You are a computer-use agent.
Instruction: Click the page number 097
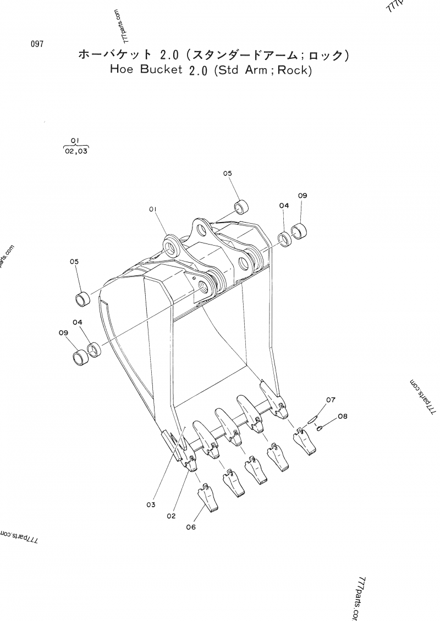(x=37, y=44)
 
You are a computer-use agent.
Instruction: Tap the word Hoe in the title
(x=122, y=70)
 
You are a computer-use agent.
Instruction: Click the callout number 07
(x=330, y=400)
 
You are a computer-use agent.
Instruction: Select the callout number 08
(x=343, y=417)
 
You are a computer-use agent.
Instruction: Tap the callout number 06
(x=191, y=527)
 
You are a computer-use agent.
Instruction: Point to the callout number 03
(x=151, y=505)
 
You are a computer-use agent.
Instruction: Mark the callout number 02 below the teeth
(x=171, y=515)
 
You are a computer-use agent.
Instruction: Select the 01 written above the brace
(x=76, y=140)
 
